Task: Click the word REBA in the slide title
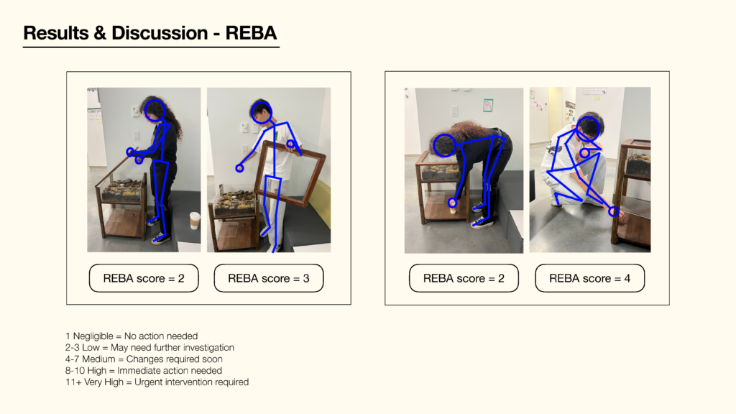coord(252,32)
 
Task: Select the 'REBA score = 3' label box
coord(269,278)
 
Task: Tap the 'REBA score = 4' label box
coord(589,278)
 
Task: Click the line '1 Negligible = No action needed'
coord(131,336)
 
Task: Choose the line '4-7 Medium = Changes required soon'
coord(144,359)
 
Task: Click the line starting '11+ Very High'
coord(157,382)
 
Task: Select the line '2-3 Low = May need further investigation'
coord(149,347)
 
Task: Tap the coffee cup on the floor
coord(194,221)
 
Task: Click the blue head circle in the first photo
coord(155,110)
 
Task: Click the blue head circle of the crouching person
coord(588,128)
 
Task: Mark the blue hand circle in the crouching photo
coord(613,211)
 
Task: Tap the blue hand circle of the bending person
coord(453,203)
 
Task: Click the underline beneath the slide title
coord(151,47)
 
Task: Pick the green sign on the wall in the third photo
coord(488,105)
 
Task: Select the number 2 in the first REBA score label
coord(180,278)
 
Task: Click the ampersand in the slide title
coord(99,32)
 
